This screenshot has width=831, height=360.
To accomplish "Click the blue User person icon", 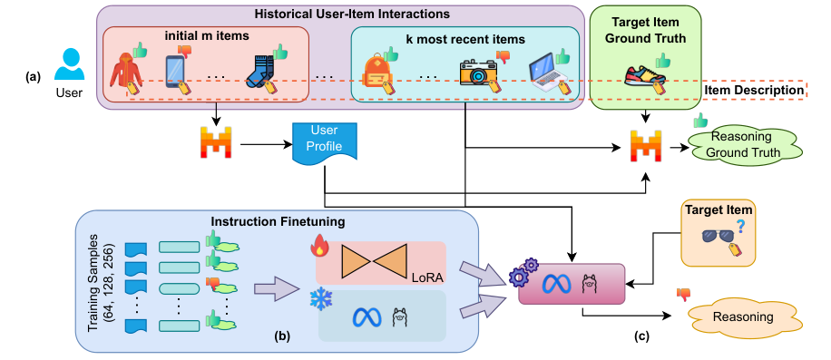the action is (70, 65).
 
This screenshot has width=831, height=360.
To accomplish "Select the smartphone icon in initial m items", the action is (175, 72).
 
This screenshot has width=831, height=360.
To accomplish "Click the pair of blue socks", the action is (260, 73).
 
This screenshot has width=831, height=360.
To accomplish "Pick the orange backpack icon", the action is (376, 73).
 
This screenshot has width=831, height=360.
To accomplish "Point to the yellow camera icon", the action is (477, 73).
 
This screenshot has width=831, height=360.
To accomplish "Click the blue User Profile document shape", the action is (325, 141).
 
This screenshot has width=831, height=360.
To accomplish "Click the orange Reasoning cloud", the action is (742, 316).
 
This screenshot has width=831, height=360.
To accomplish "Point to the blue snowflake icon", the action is (320, 299).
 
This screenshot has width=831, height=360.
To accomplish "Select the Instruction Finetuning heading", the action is (278, 221).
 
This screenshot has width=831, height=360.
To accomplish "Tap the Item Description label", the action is (754, 90).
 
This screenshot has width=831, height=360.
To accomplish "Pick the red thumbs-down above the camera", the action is (502, 56).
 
